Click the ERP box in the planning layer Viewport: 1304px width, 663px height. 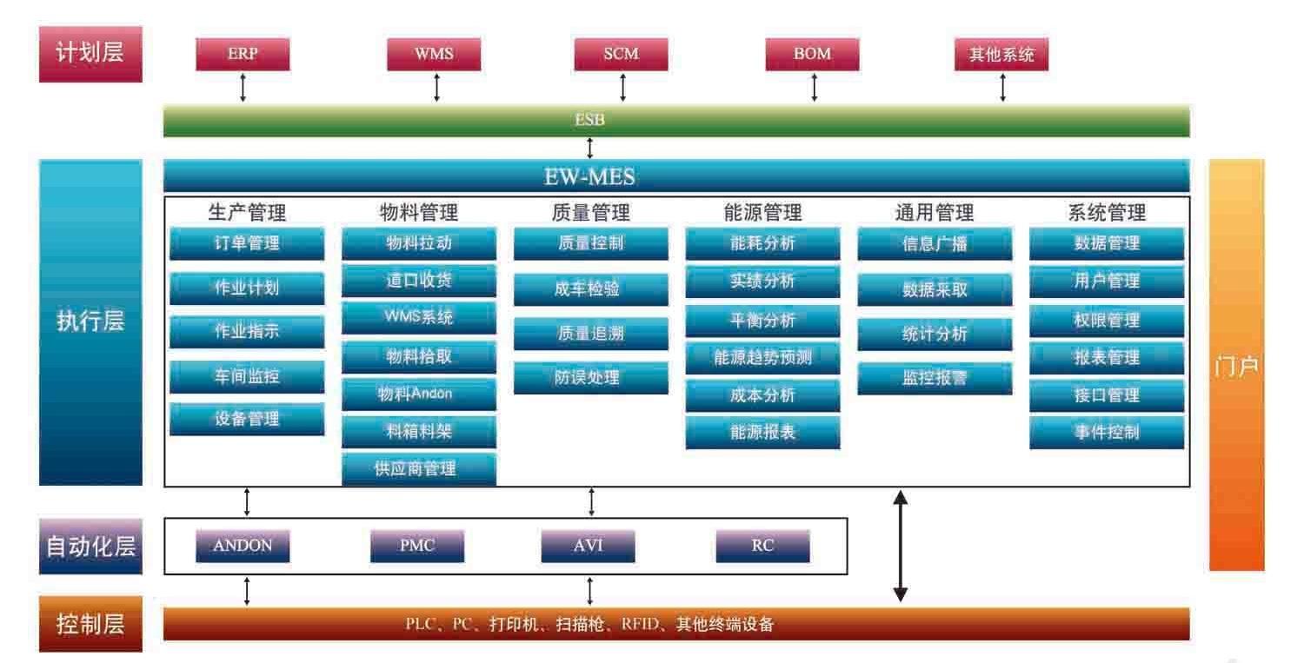point(243,54)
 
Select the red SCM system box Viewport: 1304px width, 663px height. point(621,54)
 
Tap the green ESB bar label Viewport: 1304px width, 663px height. point(589,121)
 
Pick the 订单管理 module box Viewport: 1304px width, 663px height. point(247,243)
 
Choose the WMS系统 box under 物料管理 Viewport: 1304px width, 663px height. point(419,318)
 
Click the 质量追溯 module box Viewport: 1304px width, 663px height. point(590,334)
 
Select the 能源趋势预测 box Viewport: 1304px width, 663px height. point(762,357)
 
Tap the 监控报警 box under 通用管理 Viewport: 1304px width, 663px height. point(935,379)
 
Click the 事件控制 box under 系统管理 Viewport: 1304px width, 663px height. point(1107,432)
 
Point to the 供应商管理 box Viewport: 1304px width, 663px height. point(419,469)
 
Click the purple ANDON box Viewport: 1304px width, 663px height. point(243,547)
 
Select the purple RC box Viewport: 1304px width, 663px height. point(762,547)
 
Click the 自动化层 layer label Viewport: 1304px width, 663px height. point(90,547)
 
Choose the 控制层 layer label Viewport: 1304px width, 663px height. point(90,623)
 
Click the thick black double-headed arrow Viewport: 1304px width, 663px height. point(901,547)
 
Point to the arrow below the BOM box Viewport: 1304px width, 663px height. point(814,88)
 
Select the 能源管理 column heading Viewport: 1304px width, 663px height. point(762,212)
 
